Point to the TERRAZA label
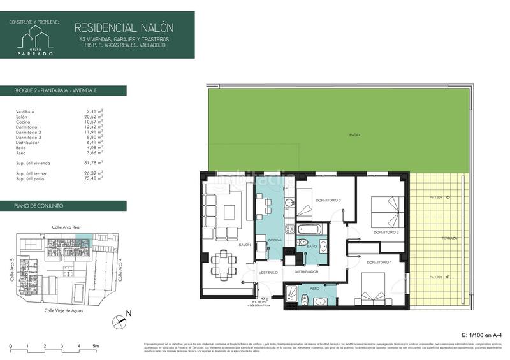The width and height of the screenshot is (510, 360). pyautogui.click(x=449, y=238)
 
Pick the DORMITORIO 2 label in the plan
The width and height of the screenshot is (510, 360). pyautogui.click(x=386, y=232)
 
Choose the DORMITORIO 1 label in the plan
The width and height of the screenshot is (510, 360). pyautogui.click(x=379, y=262)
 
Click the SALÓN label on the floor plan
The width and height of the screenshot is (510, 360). pyautogui.click(x=245, y=245)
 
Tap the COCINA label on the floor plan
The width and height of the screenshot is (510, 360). pyautogui.click(x=275, y=240)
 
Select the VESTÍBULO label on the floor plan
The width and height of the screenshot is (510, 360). pyautogui.click(x=268, y=273)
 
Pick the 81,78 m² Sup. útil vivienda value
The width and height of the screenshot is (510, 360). pyautogui.click(x=95, y=163)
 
